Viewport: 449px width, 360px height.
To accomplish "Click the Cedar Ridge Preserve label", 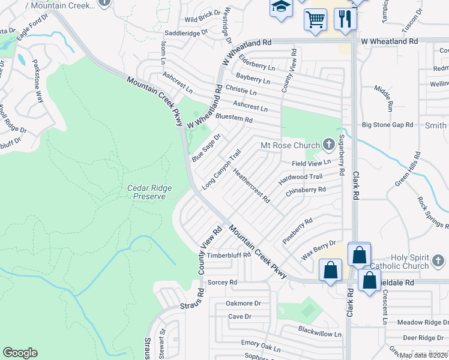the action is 149,192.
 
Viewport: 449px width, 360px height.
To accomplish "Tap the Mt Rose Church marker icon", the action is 328,144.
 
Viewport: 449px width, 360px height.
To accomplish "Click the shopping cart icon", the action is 315,20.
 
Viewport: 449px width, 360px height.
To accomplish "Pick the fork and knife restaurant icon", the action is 345,19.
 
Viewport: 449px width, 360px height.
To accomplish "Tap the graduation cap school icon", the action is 280,7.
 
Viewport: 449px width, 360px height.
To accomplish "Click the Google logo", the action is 20,353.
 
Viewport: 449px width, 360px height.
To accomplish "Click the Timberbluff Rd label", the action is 228,255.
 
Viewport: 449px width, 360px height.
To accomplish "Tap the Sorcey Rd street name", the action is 222,282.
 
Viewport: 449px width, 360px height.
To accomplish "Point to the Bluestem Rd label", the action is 234,119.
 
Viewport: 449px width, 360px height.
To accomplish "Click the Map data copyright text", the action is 423,355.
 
